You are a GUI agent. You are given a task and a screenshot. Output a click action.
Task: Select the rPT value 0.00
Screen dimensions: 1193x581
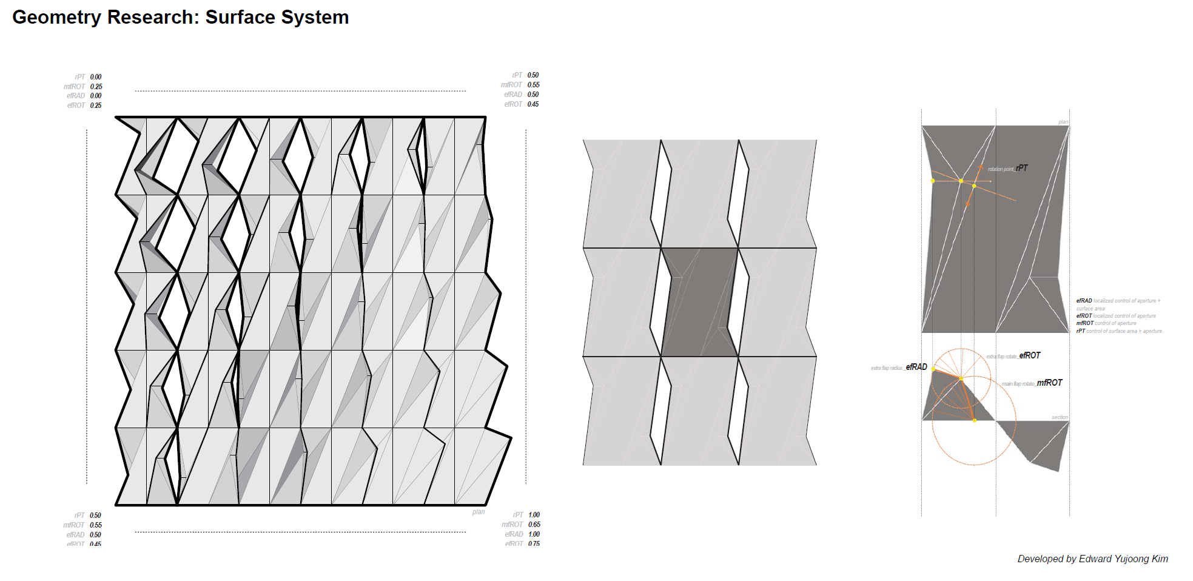coord(96,77)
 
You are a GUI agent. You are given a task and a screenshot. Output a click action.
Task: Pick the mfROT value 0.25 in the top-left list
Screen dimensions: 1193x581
coord(96,87)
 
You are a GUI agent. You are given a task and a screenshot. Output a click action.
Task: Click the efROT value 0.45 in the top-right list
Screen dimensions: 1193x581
coord(533,104)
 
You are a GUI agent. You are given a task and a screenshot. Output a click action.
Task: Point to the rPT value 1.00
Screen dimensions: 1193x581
coord(534,515)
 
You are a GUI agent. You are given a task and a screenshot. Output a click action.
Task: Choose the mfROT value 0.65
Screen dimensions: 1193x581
coord(534,525)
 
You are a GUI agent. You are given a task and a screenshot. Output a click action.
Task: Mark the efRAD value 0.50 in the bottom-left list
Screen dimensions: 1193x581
coord(96,535)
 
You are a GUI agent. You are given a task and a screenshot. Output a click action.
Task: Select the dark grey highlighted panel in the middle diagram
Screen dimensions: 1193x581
coord(699,302)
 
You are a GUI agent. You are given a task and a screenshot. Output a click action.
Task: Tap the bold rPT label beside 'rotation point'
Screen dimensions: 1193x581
coord(1023,168)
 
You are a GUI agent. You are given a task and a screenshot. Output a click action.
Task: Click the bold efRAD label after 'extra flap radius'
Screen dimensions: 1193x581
coord(916,367)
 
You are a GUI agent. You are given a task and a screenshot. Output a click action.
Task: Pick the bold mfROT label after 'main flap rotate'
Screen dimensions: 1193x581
coord(1049,383)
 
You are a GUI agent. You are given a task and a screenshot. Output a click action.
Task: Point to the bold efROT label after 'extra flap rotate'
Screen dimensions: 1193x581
coord(1030,355)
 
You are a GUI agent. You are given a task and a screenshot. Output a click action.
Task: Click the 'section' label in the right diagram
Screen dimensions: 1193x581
coord(1060,417)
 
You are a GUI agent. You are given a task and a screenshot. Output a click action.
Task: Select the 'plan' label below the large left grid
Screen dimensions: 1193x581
coord(479,512)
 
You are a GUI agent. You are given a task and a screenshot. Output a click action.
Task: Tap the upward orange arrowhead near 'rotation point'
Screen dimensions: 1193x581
coord(981,166)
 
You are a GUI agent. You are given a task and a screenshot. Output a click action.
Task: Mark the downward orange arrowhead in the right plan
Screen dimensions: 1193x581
coord(967,204)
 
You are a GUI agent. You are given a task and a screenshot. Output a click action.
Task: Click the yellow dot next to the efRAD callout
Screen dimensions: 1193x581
coord(933,369)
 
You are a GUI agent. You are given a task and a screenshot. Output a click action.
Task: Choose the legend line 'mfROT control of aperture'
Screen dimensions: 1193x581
coord(1106,323)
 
